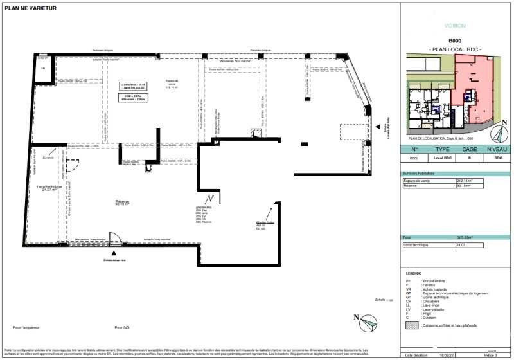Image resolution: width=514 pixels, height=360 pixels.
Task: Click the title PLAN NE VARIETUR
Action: pyautogui.click(x=30, y=8)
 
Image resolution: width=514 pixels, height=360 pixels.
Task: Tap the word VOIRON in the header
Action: pyautogui.click(x=455, y=26)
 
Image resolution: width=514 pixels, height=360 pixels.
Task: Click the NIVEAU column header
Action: pyautogui.click(x=497, y=150)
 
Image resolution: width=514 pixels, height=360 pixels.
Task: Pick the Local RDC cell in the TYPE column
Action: pyautogui.click(x=441, y=157)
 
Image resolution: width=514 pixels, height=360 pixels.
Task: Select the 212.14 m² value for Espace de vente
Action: pyautogui.click(x=464, y=181)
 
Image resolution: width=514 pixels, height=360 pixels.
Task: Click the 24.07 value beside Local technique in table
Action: pyautogui.click(x=460, y=245)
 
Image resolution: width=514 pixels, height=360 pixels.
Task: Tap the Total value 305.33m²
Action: pyautogui.click(x=465, y=238)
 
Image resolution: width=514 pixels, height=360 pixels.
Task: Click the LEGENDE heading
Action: pyautogui.click(x=413, y=273)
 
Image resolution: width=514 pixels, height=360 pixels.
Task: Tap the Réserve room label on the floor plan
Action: pyautogui.click(x=122, y=203)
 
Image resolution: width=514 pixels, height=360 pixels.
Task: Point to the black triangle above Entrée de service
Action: pyautogui.click(x=115, y=253)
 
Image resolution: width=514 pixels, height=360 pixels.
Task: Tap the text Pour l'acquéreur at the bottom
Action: pyautogui.click(x=26, y=327)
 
